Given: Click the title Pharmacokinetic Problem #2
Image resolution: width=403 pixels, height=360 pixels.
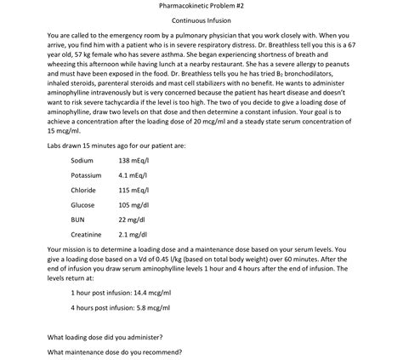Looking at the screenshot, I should coord(201,5).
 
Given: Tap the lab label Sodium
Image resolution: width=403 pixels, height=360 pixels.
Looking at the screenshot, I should coord(82,160).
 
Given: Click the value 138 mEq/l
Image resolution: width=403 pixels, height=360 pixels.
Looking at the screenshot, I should coord(133,160).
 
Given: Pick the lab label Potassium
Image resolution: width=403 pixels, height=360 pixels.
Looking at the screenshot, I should coord(86,175).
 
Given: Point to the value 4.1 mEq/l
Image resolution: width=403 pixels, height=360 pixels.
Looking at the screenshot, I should coord(133,175).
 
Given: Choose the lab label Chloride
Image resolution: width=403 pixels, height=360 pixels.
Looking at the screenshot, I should coord(83,190).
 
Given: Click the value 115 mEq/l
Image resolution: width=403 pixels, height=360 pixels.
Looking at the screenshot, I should coord(133,190).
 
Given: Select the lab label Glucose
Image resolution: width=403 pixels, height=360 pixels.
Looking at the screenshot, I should coord(82,204).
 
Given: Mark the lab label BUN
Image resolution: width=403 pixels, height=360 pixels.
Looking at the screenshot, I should coord(78,219).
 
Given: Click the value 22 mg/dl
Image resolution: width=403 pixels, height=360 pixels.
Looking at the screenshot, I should coord(131,219).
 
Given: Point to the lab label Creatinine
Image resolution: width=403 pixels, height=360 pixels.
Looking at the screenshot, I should coord(86,234).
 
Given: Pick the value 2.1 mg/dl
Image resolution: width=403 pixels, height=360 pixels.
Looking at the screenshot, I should coord(133,234).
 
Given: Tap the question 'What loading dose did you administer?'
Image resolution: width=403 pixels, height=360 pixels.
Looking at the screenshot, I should coord(105,335).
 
